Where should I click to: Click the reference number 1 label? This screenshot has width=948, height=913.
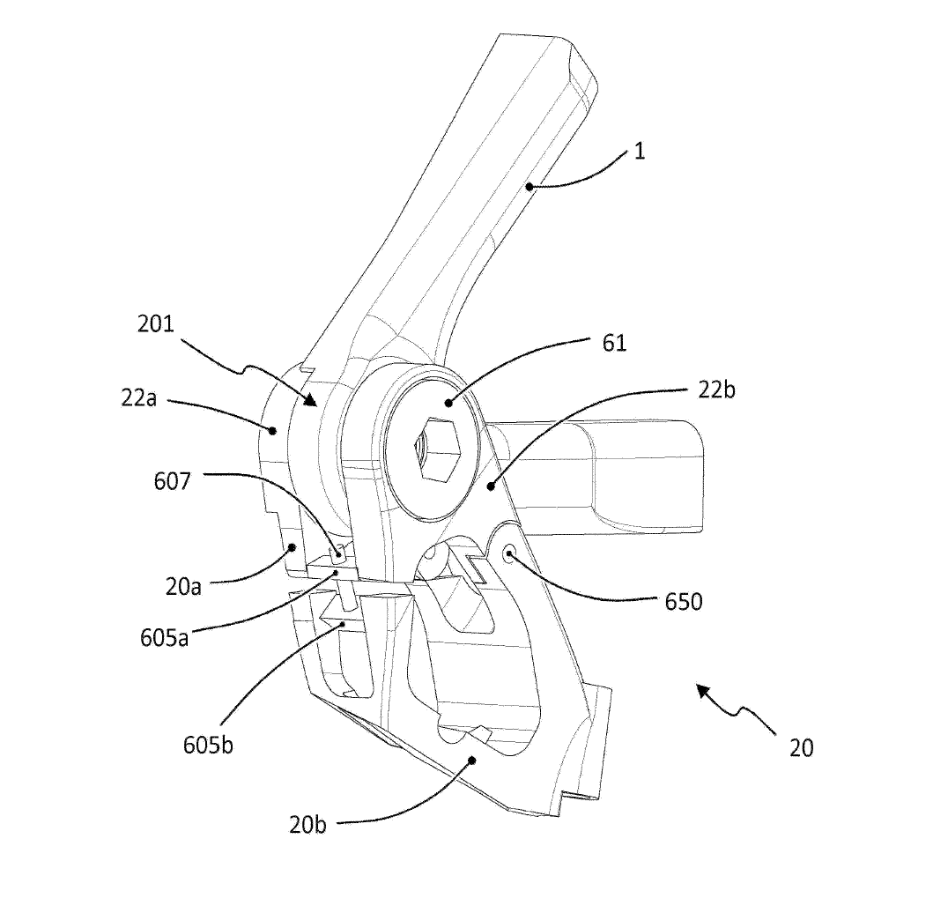(x=640, y=151)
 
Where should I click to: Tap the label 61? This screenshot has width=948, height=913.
(x=614, y=344)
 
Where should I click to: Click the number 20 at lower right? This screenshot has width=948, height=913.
(x=801, y=748)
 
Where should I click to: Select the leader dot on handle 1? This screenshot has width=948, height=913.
(x=530, y=186)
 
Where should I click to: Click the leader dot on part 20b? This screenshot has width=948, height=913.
(x=472, y=759)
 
